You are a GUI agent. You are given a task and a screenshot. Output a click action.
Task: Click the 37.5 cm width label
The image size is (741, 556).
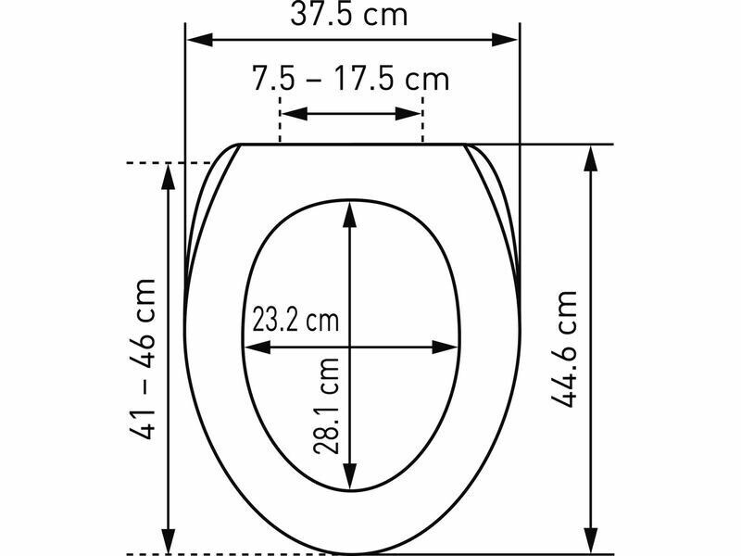(x=349, y=14)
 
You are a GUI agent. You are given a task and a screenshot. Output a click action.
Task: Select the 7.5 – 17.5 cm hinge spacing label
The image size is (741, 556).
(x=350, y=78)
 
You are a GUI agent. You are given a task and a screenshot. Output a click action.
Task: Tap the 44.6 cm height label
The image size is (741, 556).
(x=564, y=349)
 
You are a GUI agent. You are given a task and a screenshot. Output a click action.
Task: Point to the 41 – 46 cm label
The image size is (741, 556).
(x=142, y=360)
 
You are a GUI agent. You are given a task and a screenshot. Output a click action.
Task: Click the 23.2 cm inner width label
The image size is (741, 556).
(x=295, y=320)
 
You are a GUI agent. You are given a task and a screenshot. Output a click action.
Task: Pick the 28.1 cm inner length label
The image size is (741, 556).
(x=326, y=406)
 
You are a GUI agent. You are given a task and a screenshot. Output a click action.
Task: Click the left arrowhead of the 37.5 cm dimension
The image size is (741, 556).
(x=200, y=40)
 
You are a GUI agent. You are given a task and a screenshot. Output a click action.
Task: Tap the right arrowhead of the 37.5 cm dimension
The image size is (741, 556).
(x=505, y=40)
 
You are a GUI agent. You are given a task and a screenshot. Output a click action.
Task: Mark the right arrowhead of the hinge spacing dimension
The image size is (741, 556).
(x=408, y=113)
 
